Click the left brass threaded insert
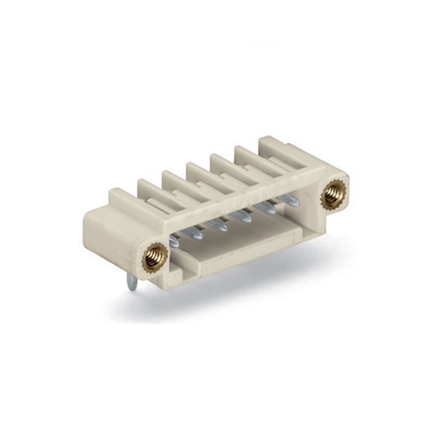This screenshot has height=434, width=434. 155,254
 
